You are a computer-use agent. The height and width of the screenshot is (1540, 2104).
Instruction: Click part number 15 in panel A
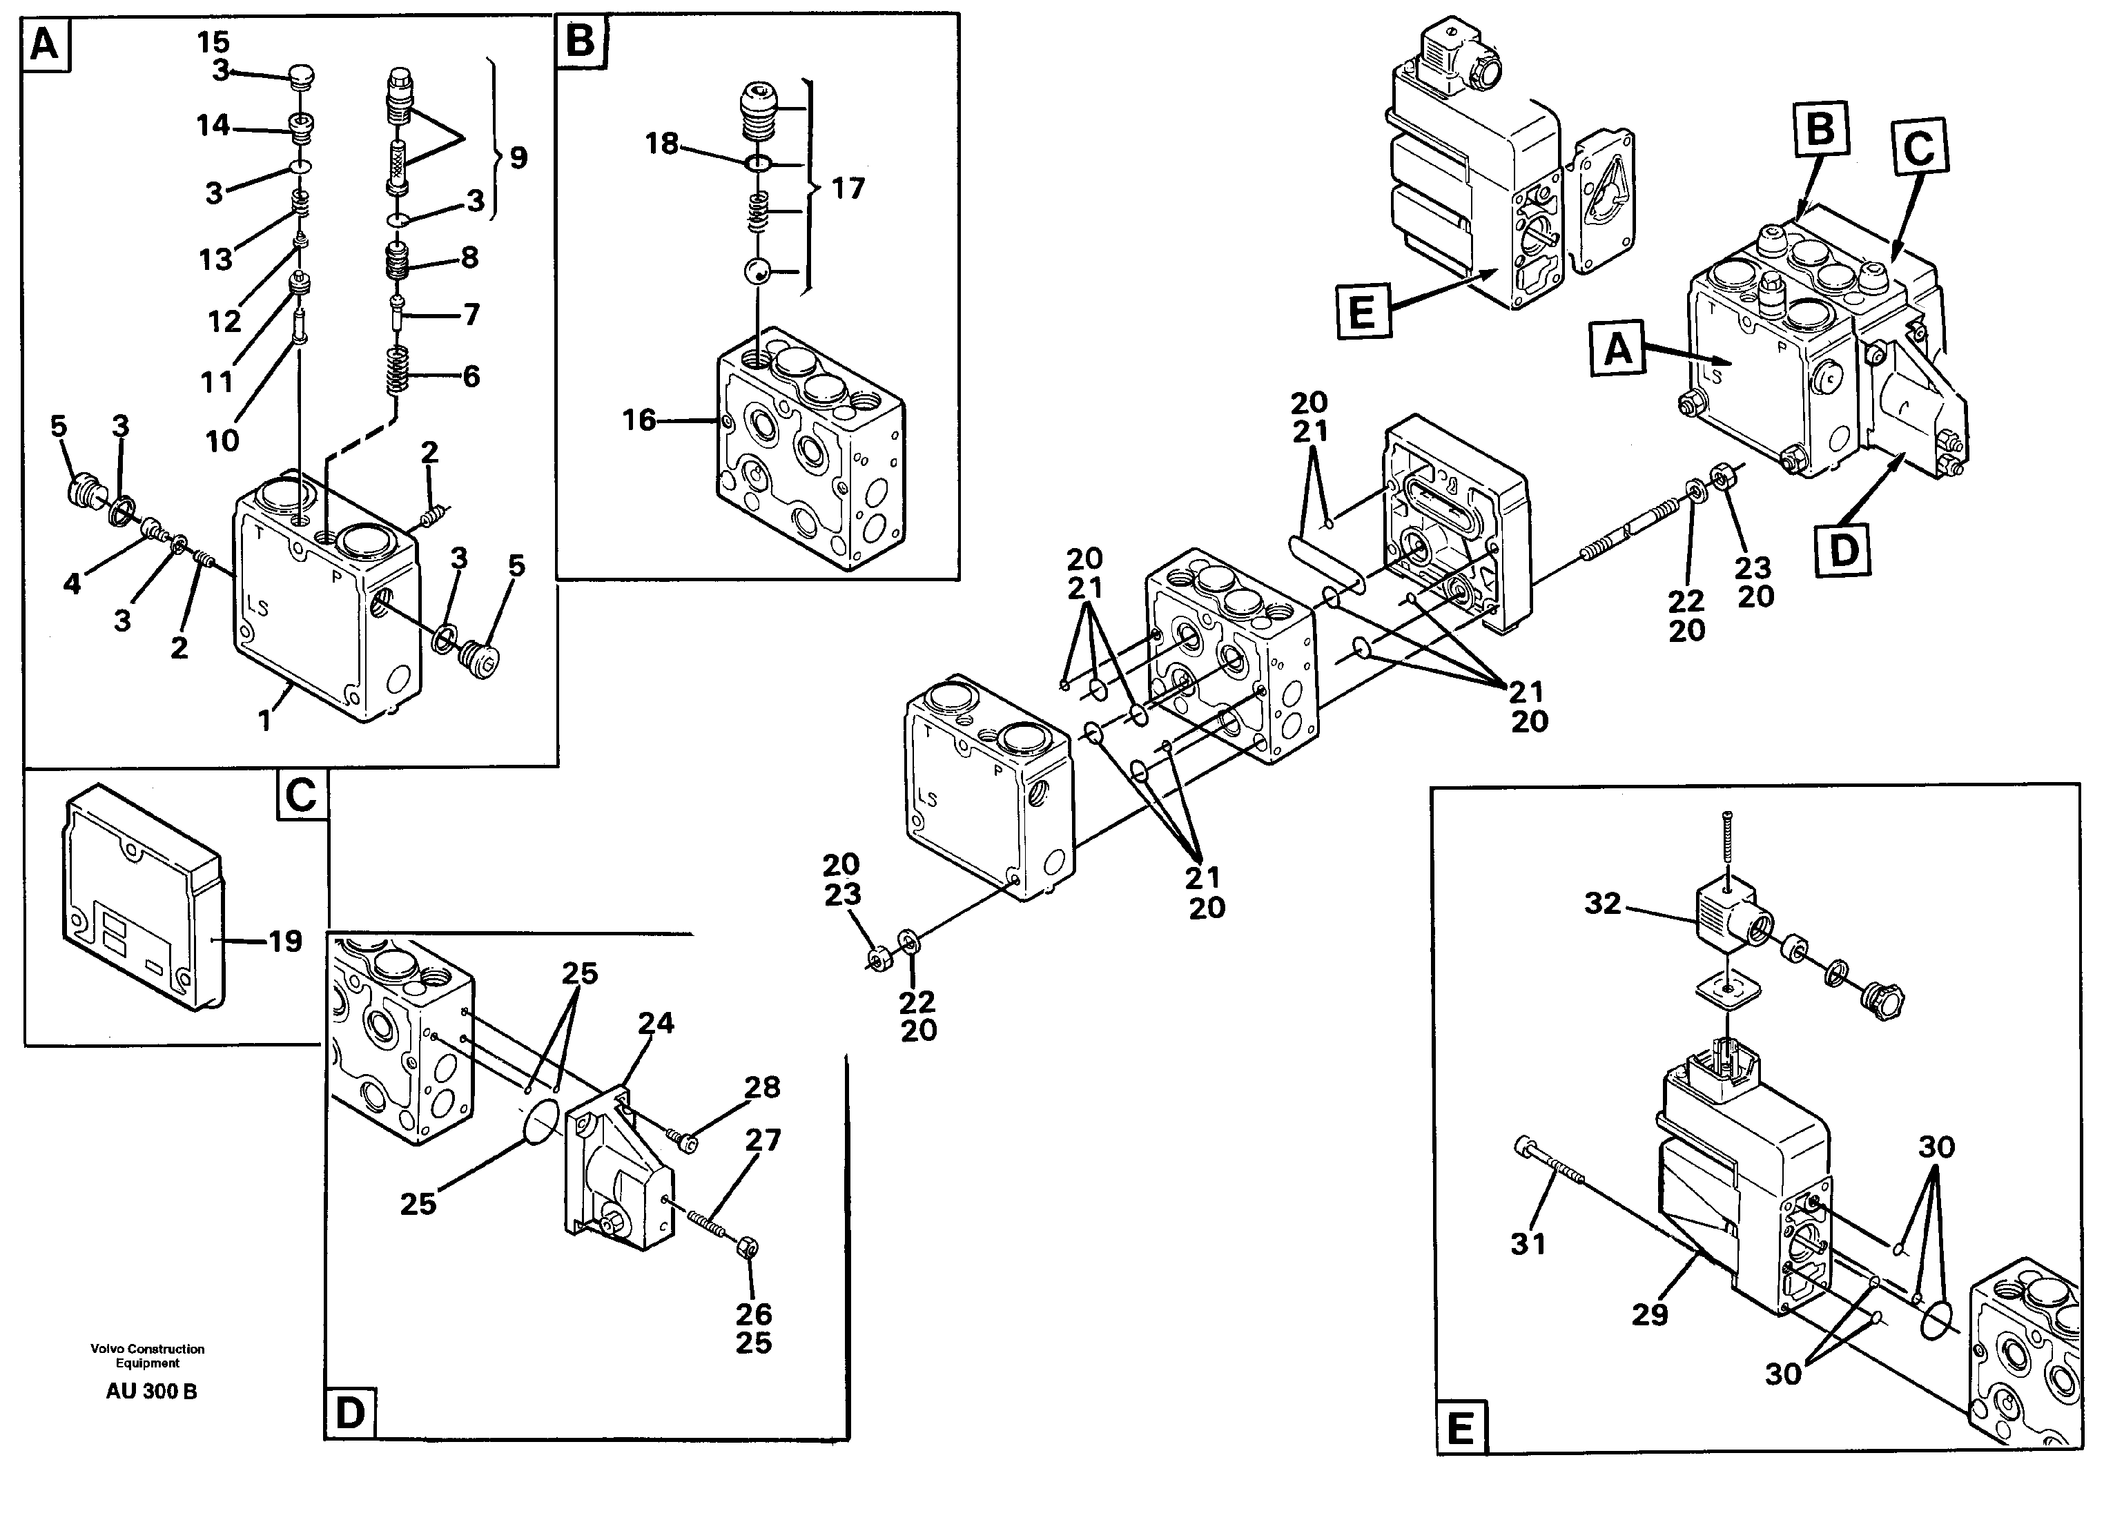[213, 42]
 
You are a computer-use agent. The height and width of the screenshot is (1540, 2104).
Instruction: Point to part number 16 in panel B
[639, 420]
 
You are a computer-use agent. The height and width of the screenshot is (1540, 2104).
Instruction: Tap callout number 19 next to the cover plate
[285, 942]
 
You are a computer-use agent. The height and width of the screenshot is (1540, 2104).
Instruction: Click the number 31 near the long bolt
[1528, 1244]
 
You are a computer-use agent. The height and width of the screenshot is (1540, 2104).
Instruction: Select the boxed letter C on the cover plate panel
[301, 795]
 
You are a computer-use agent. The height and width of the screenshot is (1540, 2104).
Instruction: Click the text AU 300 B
[151, 1392]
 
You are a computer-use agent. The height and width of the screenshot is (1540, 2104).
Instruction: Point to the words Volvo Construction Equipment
[147, 1356]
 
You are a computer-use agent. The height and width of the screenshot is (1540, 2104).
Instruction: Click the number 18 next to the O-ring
[662, 144]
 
